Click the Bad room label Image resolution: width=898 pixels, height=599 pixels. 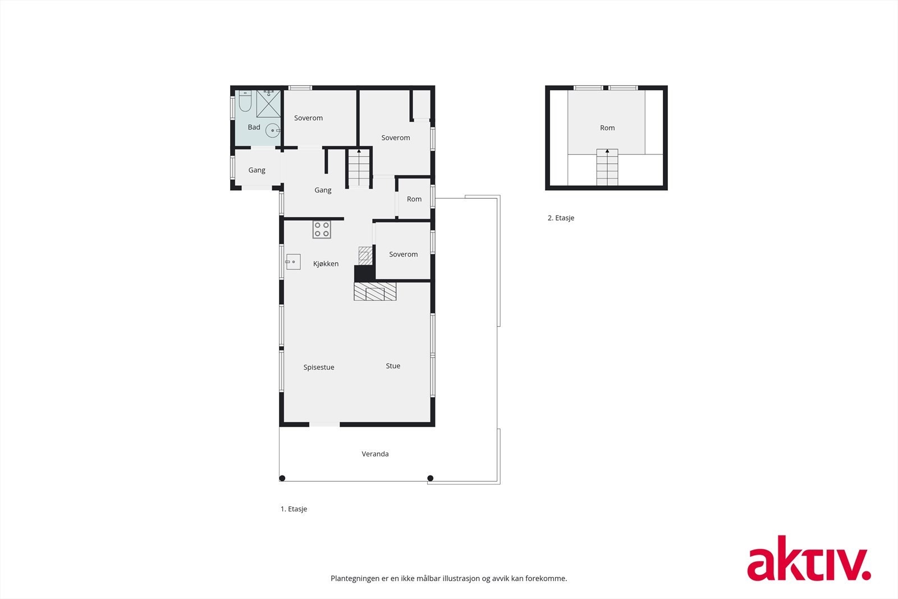[254, 127]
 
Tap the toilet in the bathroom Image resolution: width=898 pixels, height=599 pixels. [245, 101]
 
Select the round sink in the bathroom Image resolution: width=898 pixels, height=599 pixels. [272, 130]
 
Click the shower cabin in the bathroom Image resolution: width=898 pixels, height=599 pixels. [268, 103]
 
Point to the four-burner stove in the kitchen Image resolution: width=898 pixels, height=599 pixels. [322, 230]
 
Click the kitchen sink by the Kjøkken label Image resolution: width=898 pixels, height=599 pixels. [293, 262]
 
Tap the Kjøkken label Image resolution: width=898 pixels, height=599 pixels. [326, 264]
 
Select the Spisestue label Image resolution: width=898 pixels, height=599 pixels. [319, 368]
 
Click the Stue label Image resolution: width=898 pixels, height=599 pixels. [393, 366]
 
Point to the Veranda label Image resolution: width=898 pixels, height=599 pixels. [375, 454]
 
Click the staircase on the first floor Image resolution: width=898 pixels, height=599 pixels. [359, 167]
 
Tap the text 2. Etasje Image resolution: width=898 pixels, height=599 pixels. [561, 218]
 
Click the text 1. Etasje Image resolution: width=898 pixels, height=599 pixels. [294, 509]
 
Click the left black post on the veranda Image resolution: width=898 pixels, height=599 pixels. [282, 478]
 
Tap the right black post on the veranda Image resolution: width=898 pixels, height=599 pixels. [430, 478]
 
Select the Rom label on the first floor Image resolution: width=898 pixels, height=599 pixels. [414, 199]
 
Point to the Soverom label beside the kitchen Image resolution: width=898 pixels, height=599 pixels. [403, 254]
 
